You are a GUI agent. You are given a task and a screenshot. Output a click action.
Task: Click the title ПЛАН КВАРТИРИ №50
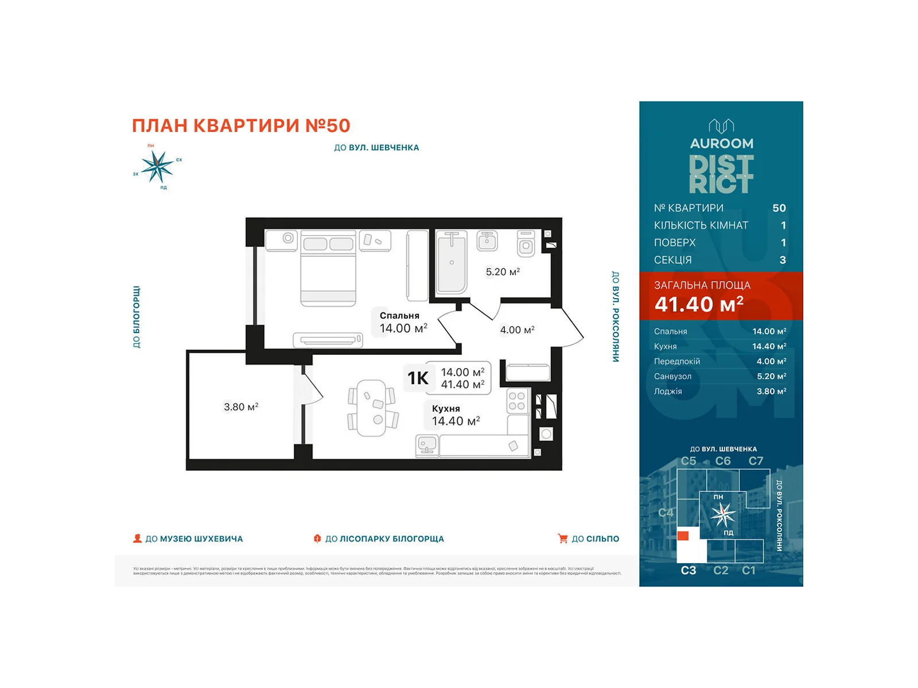tap(241, 126)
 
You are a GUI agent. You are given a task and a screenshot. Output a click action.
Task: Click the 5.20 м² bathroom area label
tap(503, 272)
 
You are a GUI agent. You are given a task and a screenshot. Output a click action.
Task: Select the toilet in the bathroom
tap(526, 244)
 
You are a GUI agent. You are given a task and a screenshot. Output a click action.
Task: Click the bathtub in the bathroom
tap(452, 262)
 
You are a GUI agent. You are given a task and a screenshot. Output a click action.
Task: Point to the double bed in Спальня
tap(328, 268)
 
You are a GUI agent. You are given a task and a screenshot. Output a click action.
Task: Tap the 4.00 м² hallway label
tap(517, 330)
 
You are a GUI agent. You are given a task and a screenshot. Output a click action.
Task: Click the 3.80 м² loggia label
tap(241, 406)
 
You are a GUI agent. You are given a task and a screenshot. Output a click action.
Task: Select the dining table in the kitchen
tap(371, 408)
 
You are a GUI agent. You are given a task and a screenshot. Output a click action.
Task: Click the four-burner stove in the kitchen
tap(516, 401)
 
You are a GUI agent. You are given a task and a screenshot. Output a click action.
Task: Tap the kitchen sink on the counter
tap(427, 445)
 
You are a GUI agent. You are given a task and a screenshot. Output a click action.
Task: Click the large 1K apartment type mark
tap(418, 378)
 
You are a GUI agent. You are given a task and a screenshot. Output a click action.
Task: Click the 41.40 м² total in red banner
tap(698, 304)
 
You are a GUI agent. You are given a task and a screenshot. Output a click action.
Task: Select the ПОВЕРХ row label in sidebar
tap(675, 243)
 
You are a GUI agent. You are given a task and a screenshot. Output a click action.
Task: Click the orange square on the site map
tap(683, 535)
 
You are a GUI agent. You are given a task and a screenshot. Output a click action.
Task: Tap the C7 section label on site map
tap(756, 461)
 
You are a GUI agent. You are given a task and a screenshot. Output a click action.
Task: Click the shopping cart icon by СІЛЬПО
tap(562, 538)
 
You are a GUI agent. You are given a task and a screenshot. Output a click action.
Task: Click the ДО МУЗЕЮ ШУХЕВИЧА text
tap(194, 539)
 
